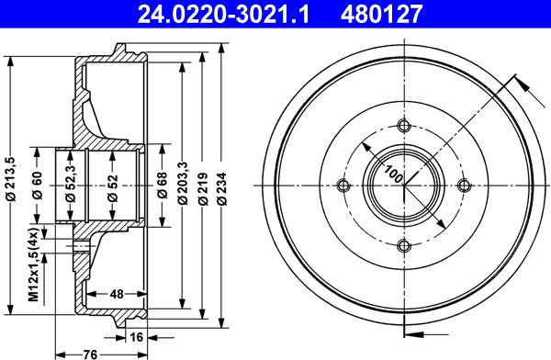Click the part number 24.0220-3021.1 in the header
pos(223,15)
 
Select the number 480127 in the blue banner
pos(381,15)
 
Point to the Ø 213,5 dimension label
pos(11,179)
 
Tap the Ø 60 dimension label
pos(38,186)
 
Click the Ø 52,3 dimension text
pos(71,183)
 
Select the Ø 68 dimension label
pos(163,186)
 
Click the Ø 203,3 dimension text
pos(183,183)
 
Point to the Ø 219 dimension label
pos(203,188)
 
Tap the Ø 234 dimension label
pos(221,188)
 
